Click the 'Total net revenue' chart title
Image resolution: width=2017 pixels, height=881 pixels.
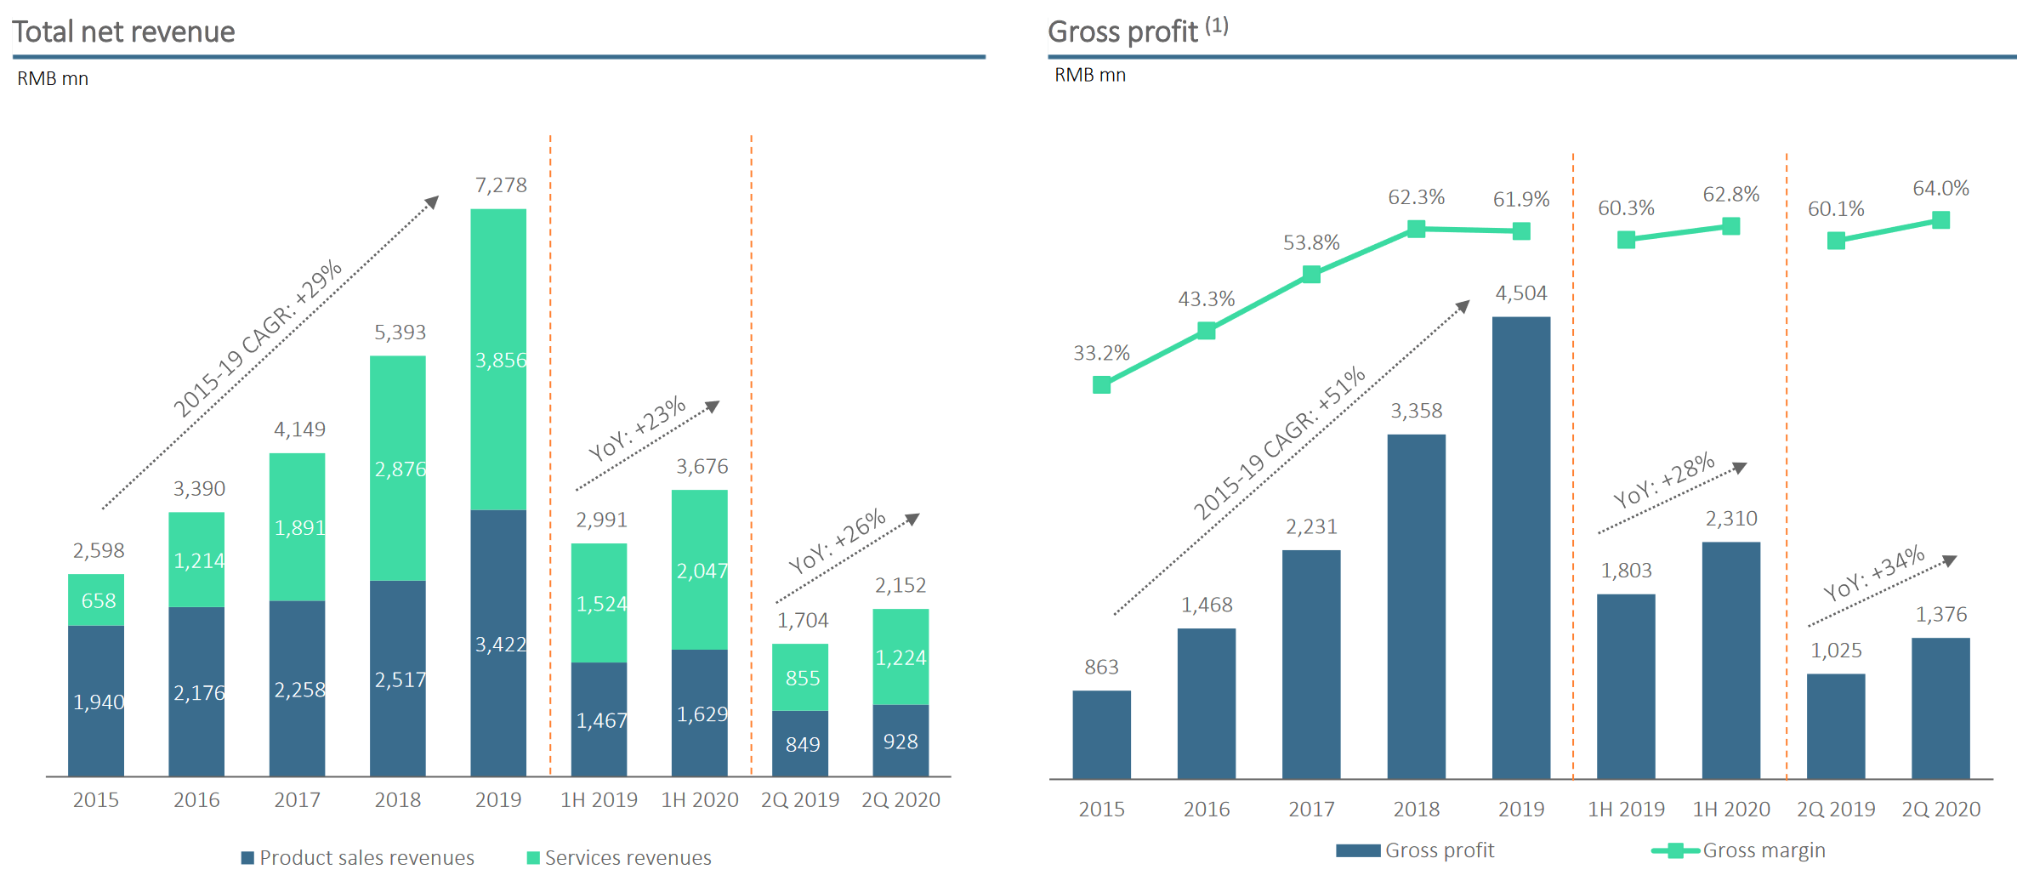pos(123,31)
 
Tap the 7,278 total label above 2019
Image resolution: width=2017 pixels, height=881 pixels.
pos(501,185)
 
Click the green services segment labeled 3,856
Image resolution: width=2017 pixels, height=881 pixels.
pos(498,360)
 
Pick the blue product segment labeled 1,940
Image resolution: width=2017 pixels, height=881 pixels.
pos(96,702)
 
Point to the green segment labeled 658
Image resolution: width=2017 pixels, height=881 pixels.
pos(96,600)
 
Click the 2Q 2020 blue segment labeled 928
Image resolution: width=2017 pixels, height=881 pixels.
pos(901,741)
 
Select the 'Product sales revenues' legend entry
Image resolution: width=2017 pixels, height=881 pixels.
pos(358,857)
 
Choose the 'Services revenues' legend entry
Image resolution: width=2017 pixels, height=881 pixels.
pos(619,857)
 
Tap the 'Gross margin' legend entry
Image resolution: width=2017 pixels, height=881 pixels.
pos(1738,850)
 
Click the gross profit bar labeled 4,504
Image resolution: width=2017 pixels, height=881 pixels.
pos(1521,548)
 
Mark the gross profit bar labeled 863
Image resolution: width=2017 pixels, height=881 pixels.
pos(1102,735)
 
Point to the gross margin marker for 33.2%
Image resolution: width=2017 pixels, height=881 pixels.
pos(1102,385)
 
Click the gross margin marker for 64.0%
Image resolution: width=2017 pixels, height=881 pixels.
pos(1941,220)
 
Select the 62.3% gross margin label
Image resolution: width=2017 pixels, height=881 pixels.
pos(1417,197)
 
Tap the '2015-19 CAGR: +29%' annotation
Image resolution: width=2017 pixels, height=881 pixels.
pos(258,338)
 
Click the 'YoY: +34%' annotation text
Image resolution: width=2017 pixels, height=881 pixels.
pos(1874,573)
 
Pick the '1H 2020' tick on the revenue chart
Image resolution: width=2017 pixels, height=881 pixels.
pos(700,800)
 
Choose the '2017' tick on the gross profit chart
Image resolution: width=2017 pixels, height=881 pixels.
pos(1311,810)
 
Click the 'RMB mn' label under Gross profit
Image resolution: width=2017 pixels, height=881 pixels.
pos(1090,75)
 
